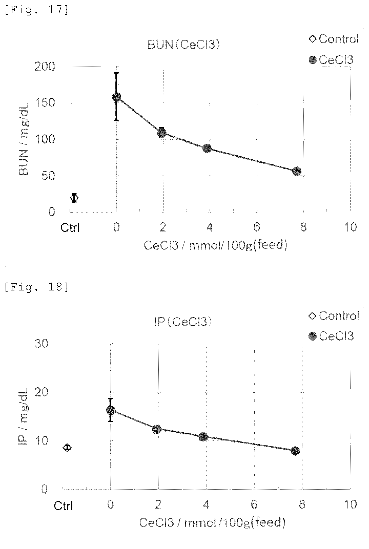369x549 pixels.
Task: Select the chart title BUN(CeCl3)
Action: [x=183, y=45]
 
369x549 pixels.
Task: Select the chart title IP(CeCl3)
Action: [x=183, y=322]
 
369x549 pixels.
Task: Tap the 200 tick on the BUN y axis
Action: [x=45, y=67]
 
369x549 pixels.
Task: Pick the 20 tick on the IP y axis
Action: [x=41, y=392]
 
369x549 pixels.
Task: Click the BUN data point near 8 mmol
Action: [x=297, y=171]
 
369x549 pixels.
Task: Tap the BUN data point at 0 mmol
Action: [x=117, y=97]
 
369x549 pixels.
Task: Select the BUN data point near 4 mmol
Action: [x=207, y=149]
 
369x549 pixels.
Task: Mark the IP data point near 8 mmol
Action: [x=295, y=451]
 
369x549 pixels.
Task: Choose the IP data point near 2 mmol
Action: [x=157, y=429]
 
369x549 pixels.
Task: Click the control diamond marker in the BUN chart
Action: [x=74, y=198]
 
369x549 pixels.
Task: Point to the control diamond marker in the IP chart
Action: [x=67, y=448]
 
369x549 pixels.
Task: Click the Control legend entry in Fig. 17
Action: [x=334, y=39]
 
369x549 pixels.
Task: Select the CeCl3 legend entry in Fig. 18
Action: [x=331, y=336]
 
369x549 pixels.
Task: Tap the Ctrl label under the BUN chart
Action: [x=70, y=228]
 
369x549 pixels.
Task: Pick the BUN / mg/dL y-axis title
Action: [x=24, y=139]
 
